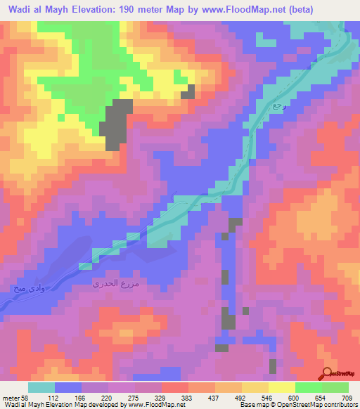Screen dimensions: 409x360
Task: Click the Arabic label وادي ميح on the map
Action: tap(27, 287)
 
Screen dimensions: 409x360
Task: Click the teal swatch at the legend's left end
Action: tap(41, 388)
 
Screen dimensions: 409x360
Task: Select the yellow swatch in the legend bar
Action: tap(282, 388)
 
